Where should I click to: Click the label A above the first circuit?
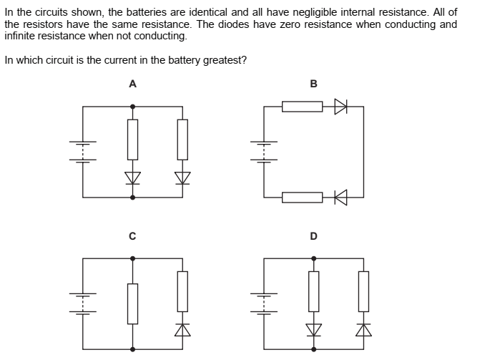click(x=132, y=84)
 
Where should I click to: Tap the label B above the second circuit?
click(x=313, y=84)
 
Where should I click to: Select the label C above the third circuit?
click(x=132, y=235)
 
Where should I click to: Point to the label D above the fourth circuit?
click(x=313, y=235)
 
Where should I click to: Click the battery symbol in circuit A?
click(x=82, y=150)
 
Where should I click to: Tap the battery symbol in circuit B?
click(x=264, y=150)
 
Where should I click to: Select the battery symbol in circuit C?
click(x=82, y=301)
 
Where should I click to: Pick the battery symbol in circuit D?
click(x=264, y=301)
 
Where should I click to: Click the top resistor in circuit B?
click(x=302, y=107)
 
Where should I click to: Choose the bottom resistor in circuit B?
click(x=302, y=197)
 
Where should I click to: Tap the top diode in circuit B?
click(x=340, y=107)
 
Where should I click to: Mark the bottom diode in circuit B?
click(x=340, y=197)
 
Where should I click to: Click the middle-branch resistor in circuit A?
click(x=132, y=139)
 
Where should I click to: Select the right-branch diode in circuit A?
click(x=182, y=177)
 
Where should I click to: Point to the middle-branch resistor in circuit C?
click(x=132, y=303)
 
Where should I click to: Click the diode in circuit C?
click(x=182, y=329)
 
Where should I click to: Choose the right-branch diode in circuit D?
click(x=364, y=329)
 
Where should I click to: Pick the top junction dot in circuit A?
click(x=132, y=106)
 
